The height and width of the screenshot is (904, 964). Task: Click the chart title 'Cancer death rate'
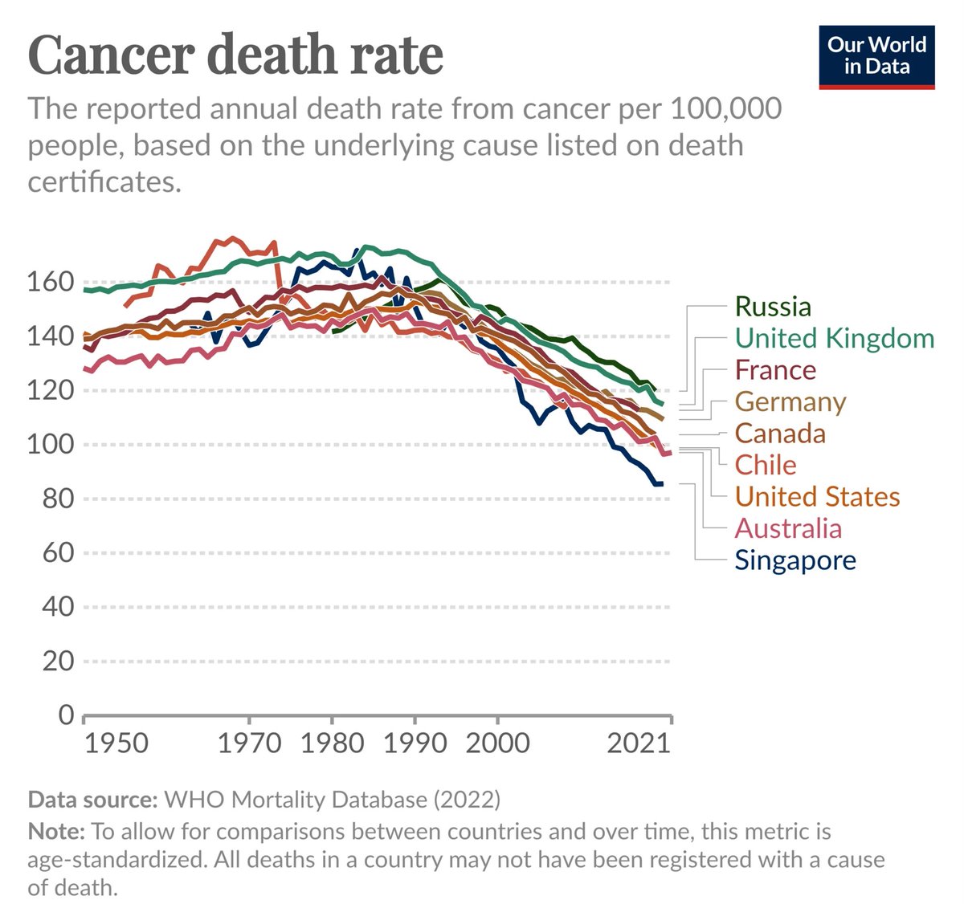235,55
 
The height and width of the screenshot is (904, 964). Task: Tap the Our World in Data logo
876,56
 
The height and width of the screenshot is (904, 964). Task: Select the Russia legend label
773,307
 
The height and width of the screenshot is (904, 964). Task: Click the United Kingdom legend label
835,338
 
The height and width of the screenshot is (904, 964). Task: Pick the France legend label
775,370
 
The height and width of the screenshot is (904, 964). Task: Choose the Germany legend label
790,401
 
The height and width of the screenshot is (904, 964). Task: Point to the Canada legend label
780,434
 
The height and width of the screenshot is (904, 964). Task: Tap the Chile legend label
766,465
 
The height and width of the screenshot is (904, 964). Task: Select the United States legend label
817,496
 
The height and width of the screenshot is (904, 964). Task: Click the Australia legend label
788,528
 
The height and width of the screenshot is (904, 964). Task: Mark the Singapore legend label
795,560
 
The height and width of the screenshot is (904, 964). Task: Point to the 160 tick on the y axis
51,283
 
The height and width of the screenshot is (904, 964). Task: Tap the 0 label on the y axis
66,715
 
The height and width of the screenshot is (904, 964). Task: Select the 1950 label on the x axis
116,743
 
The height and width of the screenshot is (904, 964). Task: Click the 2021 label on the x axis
639,743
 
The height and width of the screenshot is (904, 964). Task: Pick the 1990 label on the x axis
414,743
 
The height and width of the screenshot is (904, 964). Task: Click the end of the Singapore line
661,484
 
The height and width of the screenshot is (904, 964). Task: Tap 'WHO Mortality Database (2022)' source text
332,800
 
